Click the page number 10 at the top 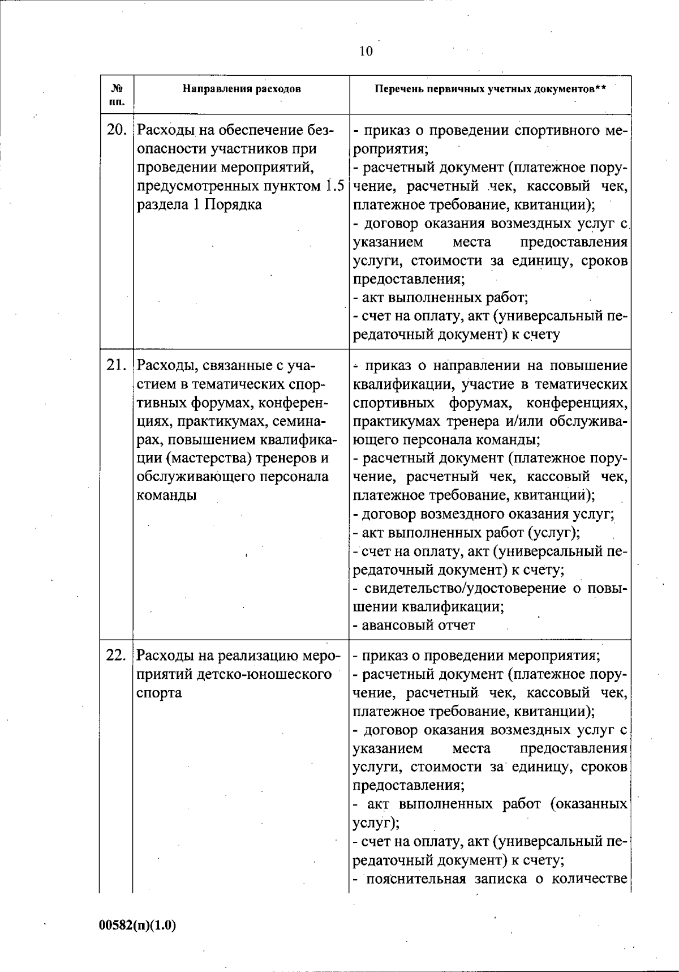[366, 52]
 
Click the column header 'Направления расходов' [242, 89]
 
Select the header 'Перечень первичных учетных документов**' [490, 89]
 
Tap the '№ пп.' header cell [117, 95]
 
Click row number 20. [117, 131]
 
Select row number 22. [117, 656]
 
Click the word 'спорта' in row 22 [159, 693]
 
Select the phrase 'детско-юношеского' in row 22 [276, 675]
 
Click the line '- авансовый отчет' [414, 625]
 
